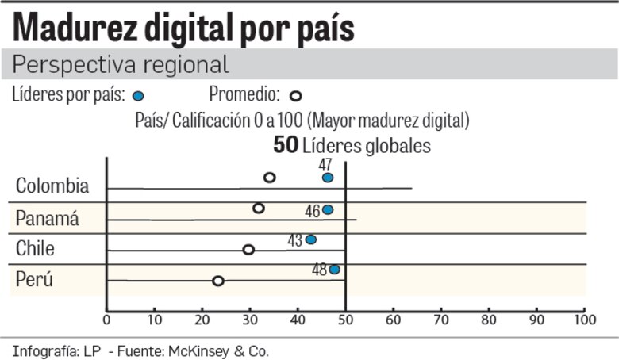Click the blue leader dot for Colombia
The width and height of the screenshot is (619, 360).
tap(328, 178)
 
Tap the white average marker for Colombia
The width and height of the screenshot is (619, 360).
tap(270, 178)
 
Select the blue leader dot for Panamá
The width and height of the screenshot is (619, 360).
tap(328, 210)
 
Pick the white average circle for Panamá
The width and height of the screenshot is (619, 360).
tap(259, 209)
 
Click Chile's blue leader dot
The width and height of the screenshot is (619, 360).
tap(311, 239)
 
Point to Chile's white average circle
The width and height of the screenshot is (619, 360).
tap(248, 250)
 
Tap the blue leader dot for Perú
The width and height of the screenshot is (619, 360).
tap(335, 270)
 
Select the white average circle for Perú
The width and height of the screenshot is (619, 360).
tap(218, 281)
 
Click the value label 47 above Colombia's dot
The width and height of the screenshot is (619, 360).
tap(325, 164)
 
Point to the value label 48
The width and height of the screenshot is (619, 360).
tap(319, 270)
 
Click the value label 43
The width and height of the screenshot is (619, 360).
tap(295, 239)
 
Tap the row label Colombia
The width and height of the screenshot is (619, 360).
tap(52, 186)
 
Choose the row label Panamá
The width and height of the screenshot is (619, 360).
tap(48, 219)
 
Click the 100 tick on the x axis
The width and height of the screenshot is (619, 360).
tap(584, 320)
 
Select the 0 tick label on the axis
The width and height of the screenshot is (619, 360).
tap(107, 320)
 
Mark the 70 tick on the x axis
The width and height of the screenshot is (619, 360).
tap(440, 320)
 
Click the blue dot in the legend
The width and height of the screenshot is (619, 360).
tap(138, 96)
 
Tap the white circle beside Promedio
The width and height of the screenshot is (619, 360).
tap(295, 96)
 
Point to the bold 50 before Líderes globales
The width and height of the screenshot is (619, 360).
tap(285, 146)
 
